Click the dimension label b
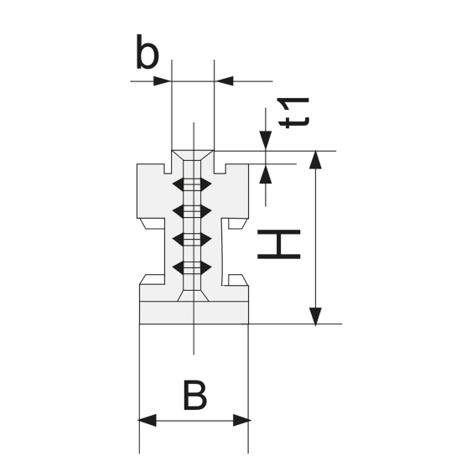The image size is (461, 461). (x=147, y=54)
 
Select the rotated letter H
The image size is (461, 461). (x=278, y=242)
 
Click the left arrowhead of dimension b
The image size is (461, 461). (x=163, y=81)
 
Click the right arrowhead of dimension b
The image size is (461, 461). (x=223, y=81)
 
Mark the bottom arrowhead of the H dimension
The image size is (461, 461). (x=314, y=315)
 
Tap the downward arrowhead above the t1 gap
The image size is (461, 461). (x=267, y=143)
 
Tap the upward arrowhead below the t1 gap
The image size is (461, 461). (x=267, y=173)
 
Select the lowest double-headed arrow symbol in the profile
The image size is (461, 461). (x=193, y=267)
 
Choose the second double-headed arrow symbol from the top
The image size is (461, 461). (x=193, y=210)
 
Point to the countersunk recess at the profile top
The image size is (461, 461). (x=193, y=158)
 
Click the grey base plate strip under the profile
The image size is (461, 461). (x=194, y=313)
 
